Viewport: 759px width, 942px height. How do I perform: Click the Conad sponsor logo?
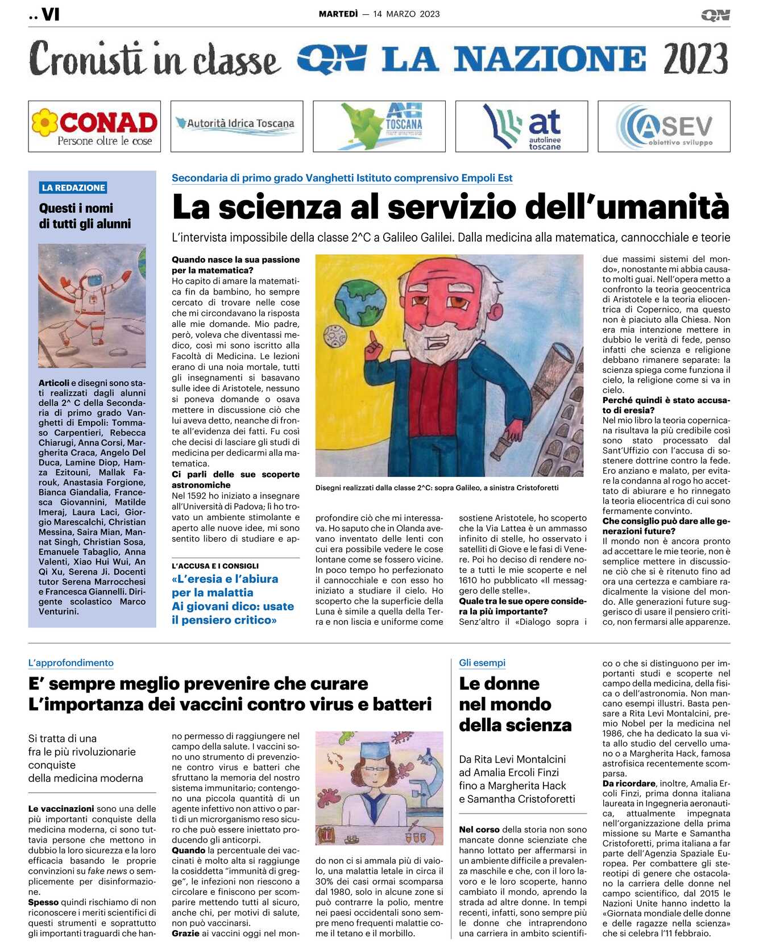tap(94, 126)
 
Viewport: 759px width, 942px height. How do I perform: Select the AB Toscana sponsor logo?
tap(379, 126)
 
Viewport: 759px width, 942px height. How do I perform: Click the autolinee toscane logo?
tap(521, 126)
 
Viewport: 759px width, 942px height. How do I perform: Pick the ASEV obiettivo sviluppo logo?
tap(664, 126)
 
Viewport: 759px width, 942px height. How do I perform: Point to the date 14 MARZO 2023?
tap(407, 14)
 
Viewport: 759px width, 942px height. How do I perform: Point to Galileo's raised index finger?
tap(372, 339)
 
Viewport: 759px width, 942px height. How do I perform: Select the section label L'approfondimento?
tap(71, 663)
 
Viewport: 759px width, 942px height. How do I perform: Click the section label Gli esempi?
tap(482, 663)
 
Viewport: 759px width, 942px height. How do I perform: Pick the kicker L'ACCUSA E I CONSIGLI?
tap(215, 566)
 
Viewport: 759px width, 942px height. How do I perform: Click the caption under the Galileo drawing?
tap(437, 488)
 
